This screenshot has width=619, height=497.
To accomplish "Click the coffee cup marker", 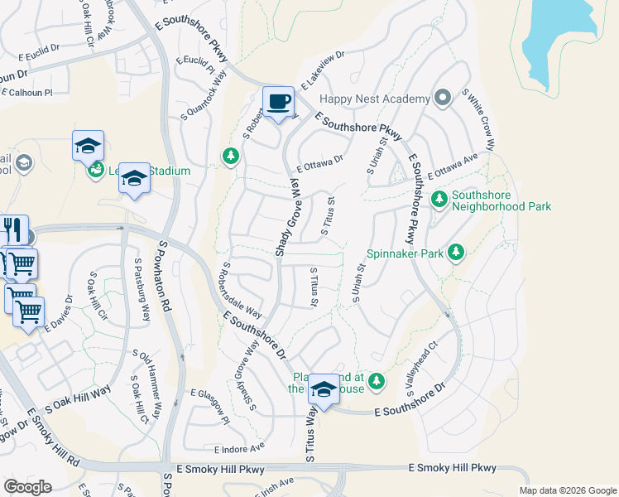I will pos(278,102).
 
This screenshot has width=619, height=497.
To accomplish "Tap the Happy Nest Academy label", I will pos(375,99).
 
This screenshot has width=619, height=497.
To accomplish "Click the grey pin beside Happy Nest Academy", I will pos(442,99).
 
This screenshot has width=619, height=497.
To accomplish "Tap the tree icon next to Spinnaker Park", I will pos(454,251).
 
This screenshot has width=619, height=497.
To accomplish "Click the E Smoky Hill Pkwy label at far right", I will pos(453,468).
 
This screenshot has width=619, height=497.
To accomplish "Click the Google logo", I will pos(27,487).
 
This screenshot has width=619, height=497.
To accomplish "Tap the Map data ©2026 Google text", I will pos(568,490).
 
